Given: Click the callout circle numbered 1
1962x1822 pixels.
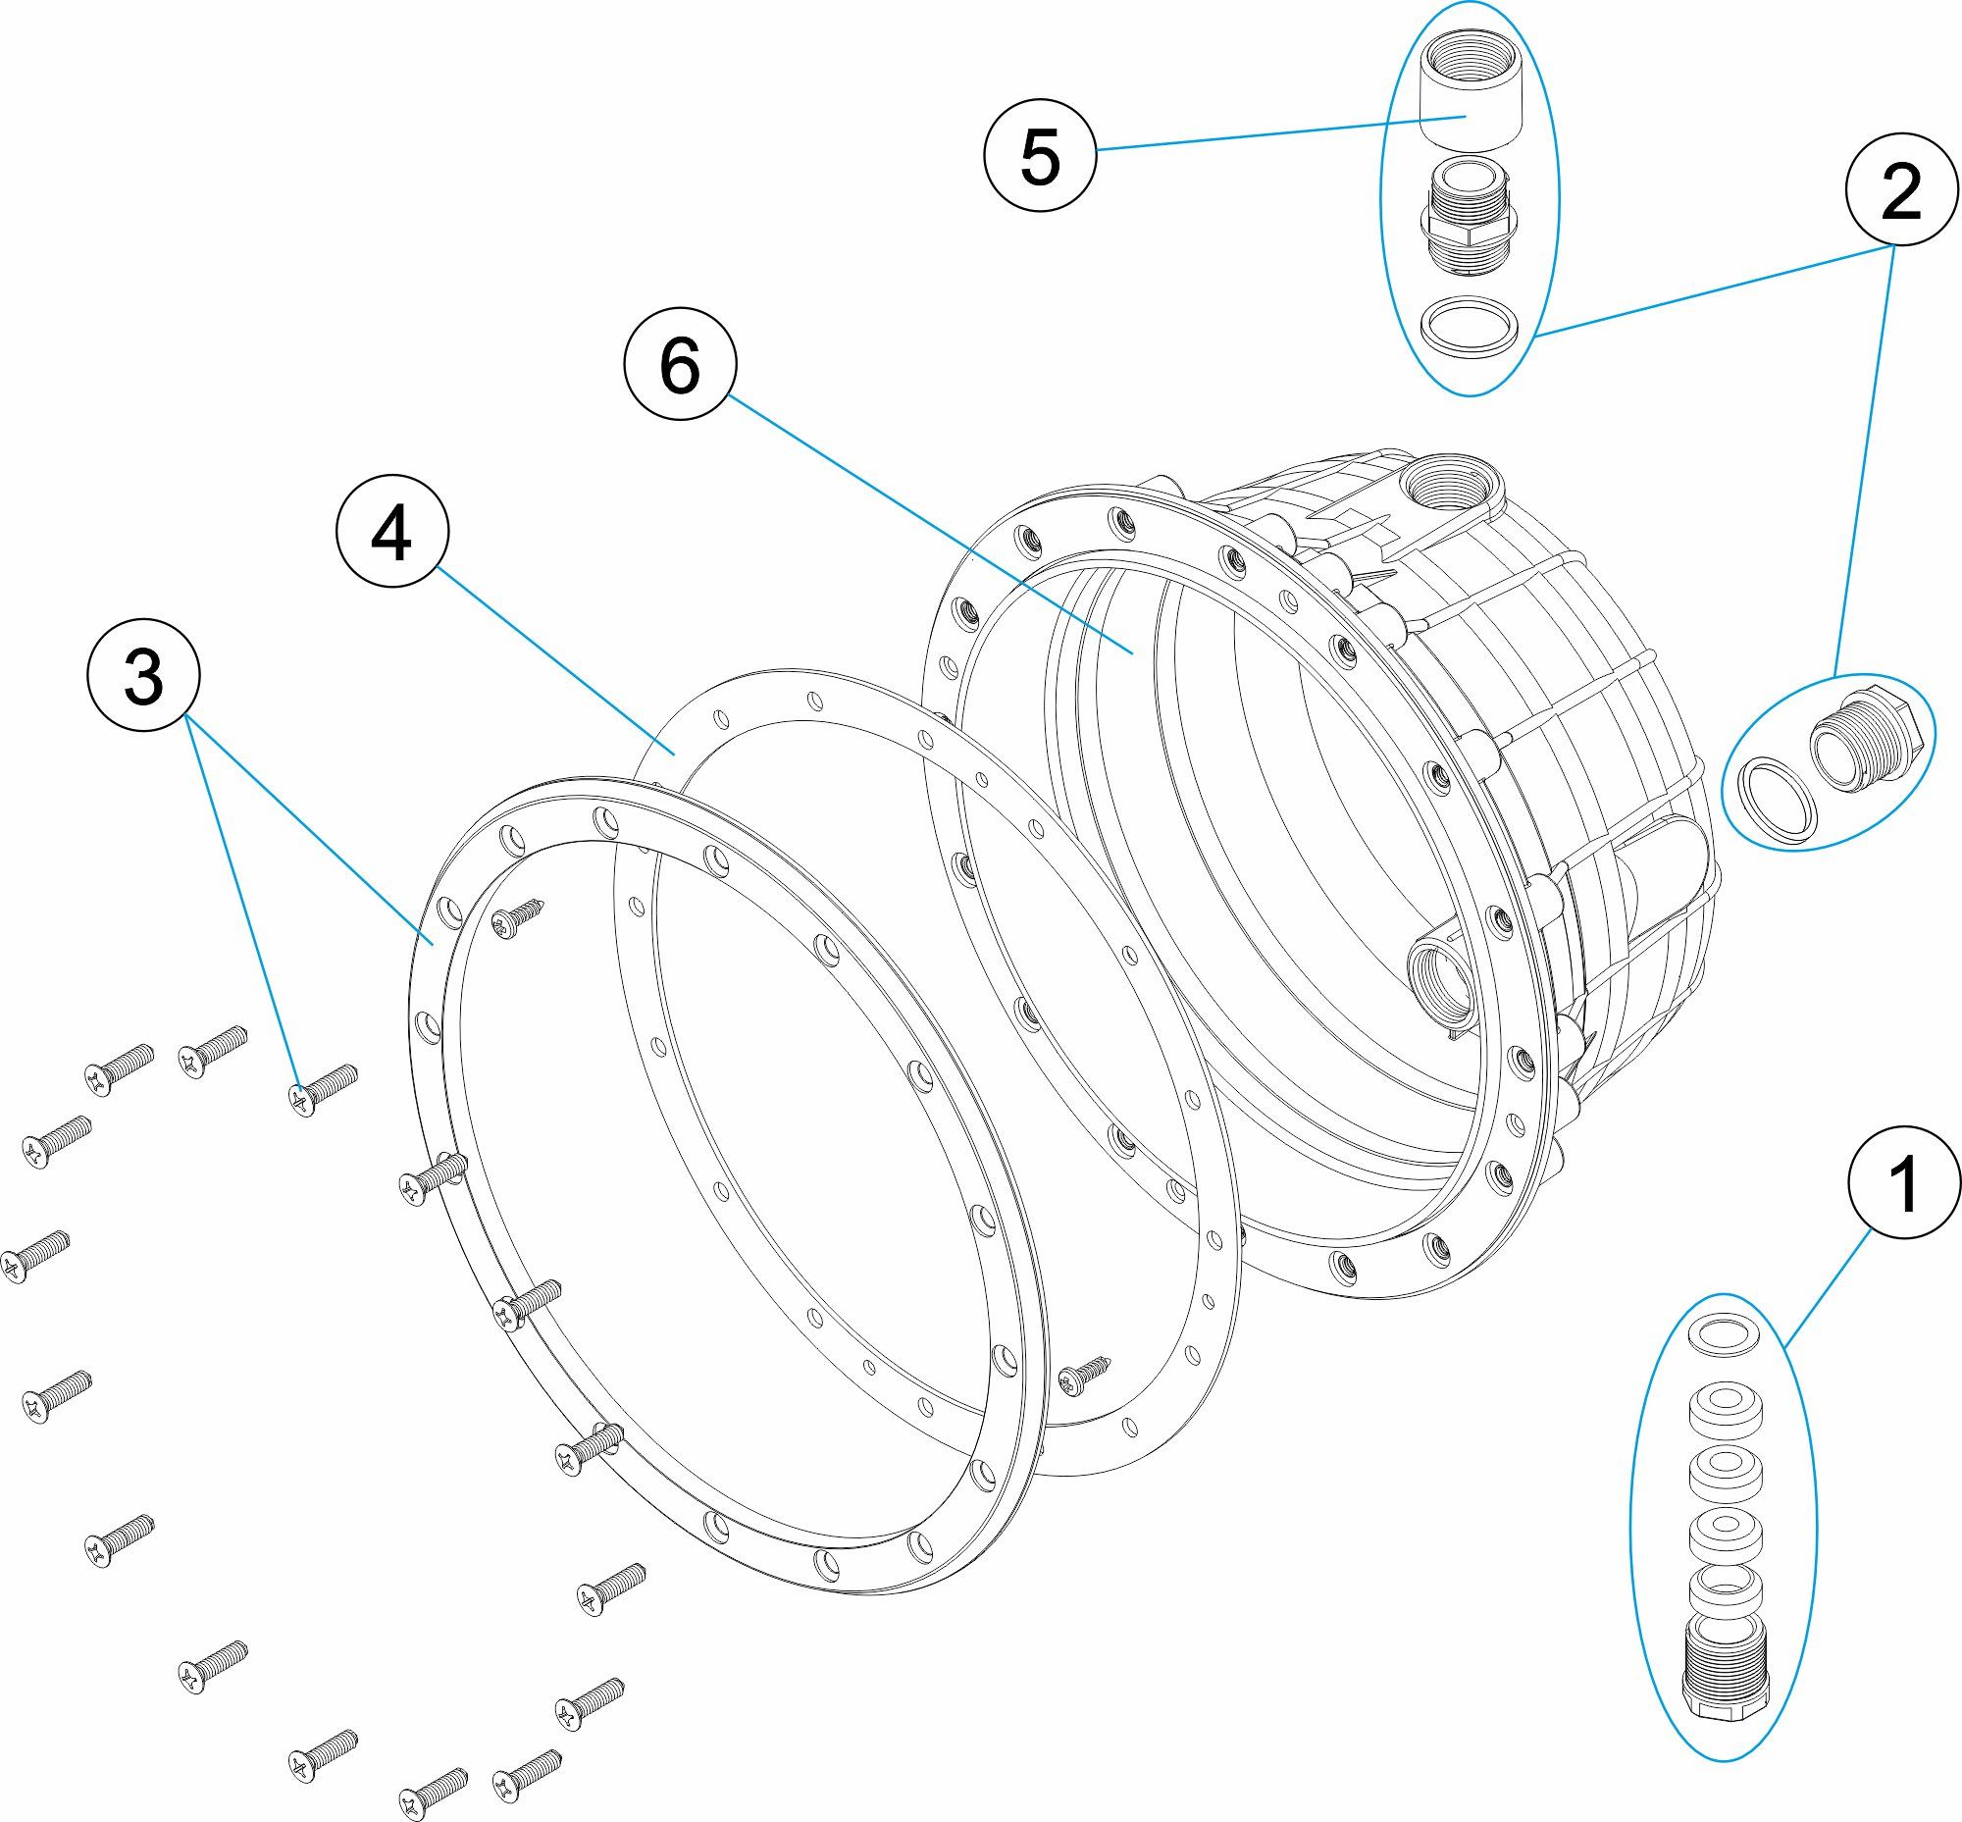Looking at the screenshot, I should click(1904, 1186).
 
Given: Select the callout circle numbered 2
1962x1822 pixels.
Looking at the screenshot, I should click(1901, 190).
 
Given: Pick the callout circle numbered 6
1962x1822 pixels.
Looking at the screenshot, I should click(680, 366).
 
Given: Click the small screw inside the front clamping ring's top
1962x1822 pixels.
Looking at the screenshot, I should click(516, 917).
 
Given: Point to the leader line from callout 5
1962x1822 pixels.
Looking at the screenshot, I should click(1282, 133).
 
